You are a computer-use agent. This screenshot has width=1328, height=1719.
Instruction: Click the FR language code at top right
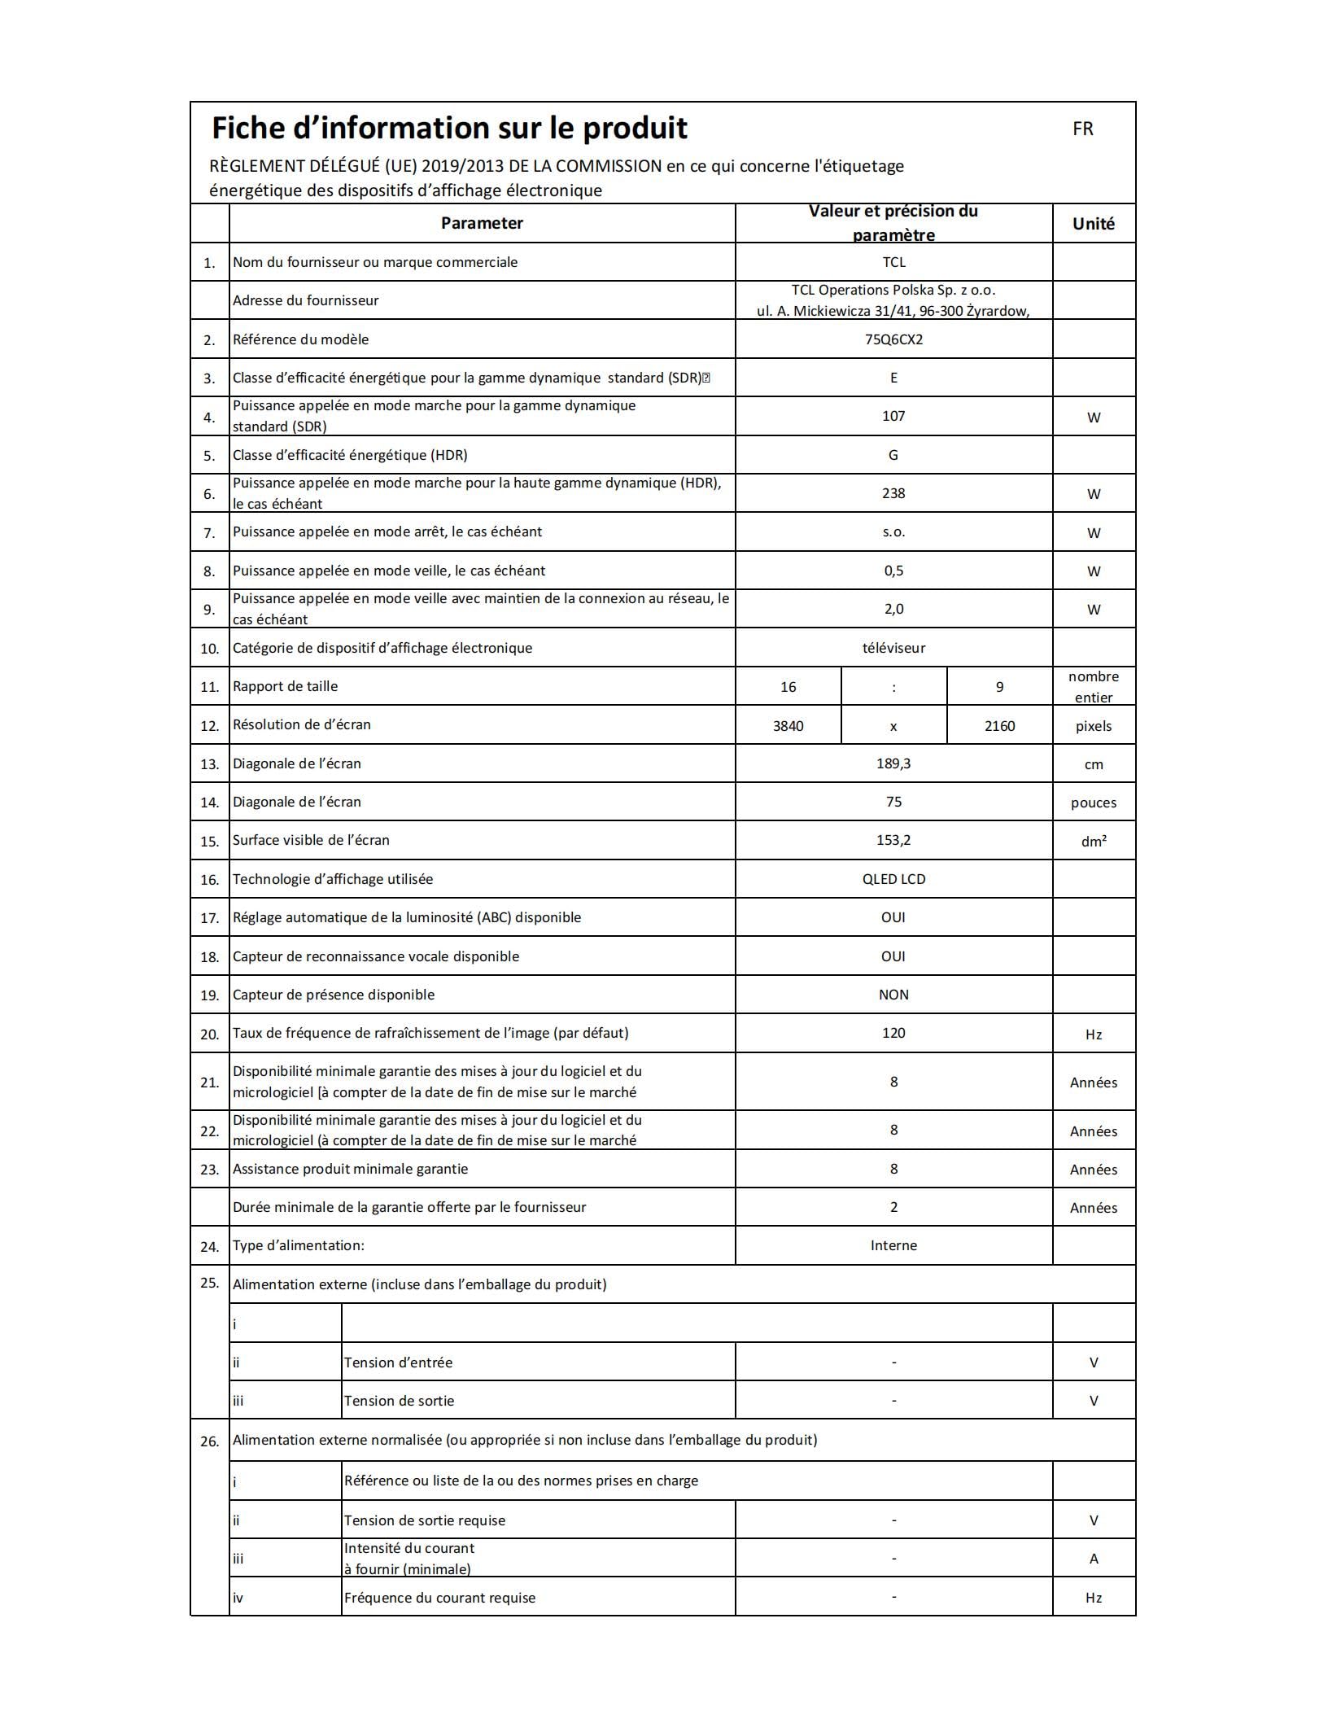(1082, 129)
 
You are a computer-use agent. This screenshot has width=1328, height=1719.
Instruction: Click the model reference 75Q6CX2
(893, 339)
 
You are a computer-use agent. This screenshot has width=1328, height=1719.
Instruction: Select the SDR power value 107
(893, 416)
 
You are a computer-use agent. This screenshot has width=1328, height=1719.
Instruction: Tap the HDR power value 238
(893, 493)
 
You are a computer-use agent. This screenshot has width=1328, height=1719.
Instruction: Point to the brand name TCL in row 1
(893, 262)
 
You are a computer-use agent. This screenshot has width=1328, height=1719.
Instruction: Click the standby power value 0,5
(893, 571)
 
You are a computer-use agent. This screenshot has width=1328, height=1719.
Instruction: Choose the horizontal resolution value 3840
(788, 726)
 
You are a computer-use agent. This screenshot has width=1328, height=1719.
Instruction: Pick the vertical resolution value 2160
(999, 726)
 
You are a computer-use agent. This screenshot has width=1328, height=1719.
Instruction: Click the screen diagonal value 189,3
(893, 763)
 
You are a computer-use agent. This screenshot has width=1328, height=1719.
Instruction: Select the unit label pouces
(1093, 803)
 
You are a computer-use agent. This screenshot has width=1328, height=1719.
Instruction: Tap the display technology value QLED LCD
(893, 879)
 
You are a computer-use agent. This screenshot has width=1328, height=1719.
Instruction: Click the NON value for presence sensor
(893, 995)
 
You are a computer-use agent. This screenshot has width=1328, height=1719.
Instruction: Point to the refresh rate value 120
(893, 1033)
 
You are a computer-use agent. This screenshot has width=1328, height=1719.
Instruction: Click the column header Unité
(1093, 224)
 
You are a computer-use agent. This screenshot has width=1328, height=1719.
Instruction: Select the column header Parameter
(482, 223)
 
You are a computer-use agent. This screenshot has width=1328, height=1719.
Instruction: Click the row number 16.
(209, 880)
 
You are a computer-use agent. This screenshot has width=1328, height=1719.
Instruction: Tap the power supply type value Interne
(893, 1245)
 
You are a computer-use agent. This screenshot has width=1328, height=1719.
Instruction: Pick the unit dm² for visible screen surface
(1093, 842)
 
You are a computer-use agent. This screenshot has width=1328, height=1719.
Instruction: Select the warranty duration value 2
(893, 1207)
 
